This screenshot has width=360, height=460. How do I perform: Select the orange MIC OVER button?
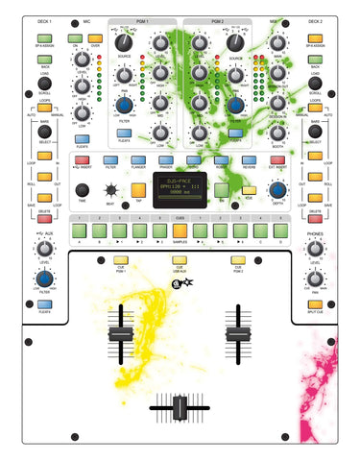96,37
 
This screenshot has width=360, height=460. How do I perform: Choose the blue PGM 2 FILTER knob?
235,105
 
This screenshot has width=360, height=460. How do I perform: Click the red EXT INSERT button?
276,159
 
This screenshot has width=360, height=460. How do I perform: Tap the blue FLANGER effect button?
139,159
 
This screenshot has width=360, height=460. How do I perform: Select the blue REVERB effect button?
249,159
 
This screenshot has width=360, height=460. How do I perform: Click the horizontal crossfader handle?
179,410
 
